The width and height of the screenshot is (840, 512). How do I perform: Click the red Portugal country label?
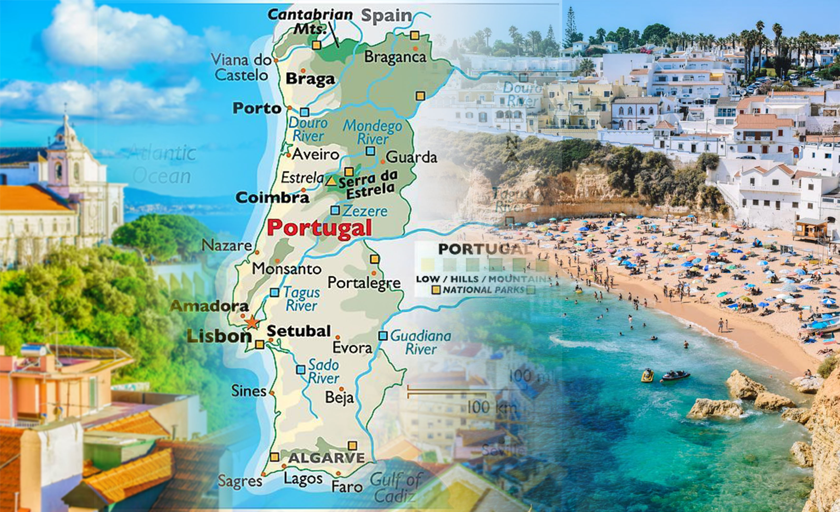point(319,228)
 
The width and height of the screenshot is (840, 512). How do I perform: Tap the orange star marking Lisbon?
point(252,322)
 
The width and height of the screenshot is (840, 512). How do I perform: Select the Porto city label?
point(257,109)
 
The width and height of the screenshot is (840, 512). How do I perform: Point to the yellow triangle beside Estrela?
point(331,181)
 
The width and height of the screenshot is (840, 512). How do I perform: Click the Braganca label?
point(395,57)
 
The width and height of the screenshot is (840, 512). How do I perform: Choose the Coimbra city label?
point(272,198)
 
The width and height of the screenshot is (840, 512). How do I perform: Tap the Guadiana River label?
point(421,342)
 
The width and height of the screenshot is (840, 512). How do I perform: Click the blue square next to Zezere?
point(335,210)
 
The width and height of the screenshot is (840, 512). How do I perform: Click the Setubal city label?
point(299,331)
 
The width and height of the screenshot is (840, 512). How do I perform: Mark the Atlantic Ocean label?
point(162,164)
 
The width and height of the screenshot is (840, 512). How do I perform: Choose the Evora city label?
point(352,348)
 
